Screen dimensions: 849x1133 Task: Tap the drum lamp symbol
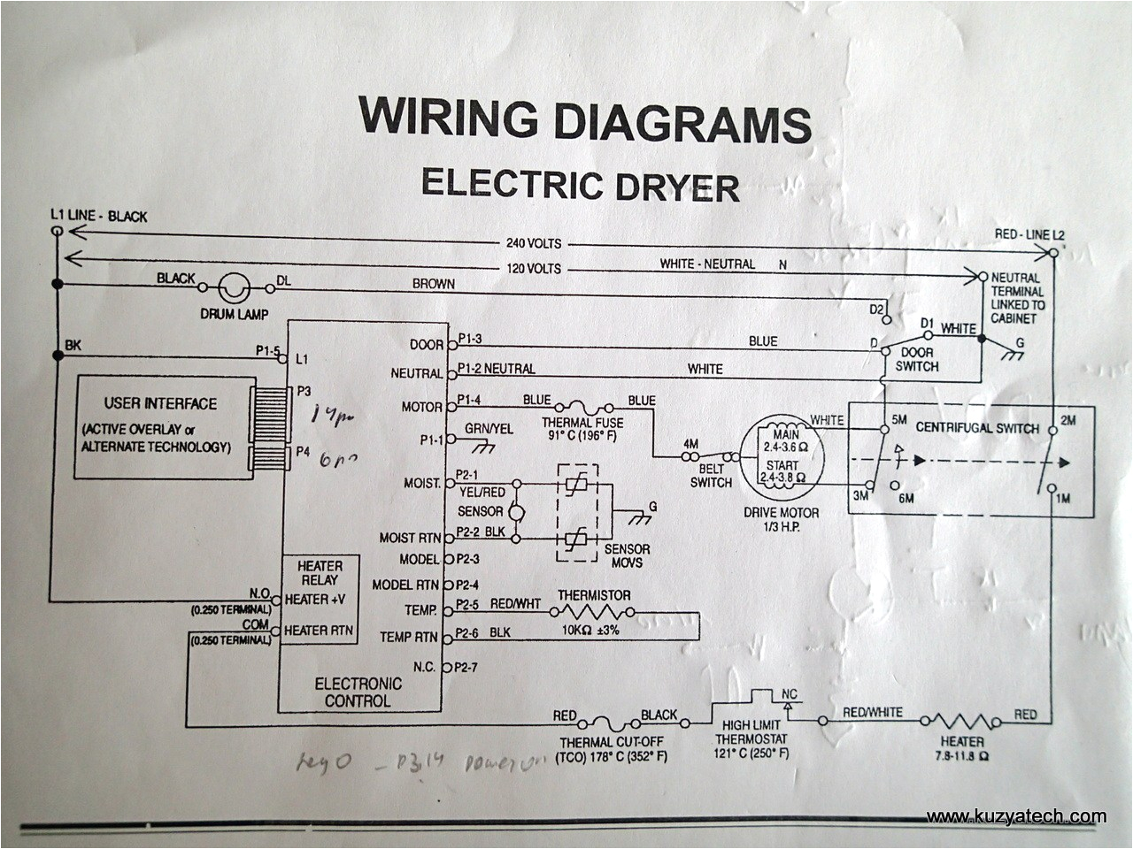pyautogui.click(x=235, y=287)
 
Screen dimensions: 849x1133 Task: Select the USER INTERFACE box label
pyautogui.click(x=160, y=403)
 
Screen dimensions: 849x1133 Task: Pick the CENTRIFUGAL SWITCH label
pyautogui.click(x=977, y=428)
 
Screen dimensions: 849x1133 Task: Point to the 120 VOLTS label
pyautogui.click(x=534, y=268)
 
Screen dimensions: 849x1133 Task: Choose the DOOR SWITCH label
pyautogui.click(x=916, y=360)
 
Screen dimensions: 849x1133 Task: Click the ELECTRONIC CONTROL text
pyautogui.click(x=358, y=692)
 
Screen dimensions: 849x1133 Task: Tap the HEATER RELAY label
pyautogui.click(x=320, y=573)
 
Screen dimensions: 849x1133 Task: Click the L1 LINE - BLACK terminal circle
pyautogui.click(x=58, y=232)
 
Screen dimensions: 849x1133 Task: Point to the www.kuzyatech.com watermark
pyautogui.click(x=1016, y=816)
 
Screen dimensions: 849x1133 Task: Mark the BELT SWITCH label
pyautogui.click(x=711, y=476)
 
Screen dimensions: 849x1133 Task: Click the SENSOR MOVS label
pyautogui.click(x=627, y=555)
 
